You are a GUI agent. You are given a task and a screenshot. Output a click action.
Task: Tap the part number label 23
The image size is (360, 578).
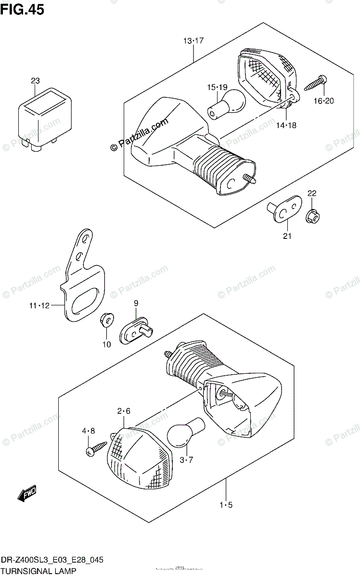tap(35, 81)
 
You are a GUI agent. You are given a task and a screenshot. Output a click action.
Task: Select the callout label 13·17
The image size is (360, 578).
tap(193, 41)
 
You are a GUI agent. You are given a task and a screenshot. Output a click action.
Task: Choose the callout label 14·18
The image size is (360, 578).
tap(286, 125)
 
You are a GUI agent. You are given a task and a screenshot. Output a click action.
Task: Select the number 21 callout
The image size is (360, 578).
tap(288, 236)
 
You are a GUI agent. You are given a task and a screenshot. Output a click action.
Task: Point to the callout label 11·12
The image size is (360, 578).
tap(39, 305)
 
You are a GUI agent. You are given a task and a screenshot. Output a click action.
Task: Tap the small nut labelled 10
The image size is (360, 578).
tap(107, 322)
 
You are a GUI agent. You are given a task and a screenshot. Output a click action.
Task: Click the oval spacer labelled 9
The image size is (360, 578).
tap(136, 330)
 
